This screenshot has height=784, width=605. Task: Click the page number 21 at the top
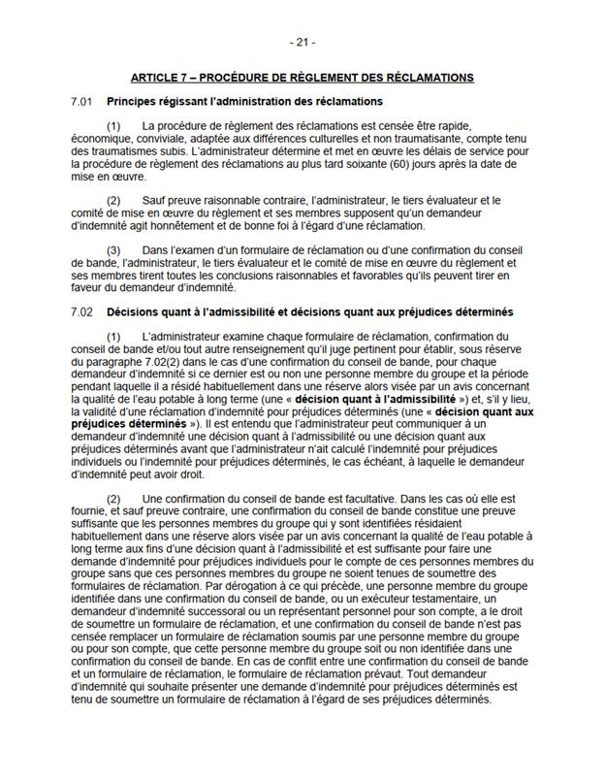pos(302,43)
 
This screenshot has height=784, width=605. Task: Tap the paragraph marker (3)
pos(113,250)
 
